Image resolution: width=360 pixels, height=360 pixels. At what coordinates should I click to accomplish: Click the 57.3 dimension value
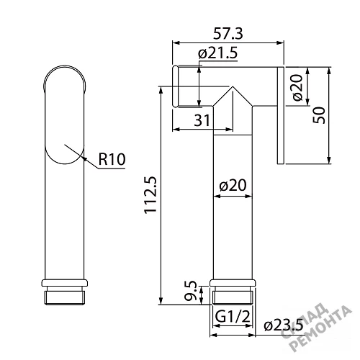(228, 34)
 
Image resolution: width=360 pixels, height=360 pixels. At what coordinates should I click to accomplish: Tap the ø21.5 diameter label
(217, 53)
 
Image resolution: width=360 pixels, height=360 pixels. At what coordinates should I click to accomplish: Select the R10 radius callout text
(112, 159)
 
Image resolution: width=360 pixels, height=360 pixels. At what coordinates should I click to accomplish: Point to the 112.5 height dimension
(150, 194)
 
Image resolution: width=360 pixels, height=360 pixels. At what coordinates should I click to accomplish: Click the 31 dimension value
(202, 120)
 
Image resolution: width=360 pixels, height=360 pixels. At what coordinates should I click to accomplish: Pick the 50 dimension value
(319, 115)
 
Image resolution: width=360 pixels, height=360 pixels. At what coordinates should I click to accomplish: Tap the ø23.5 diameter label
(284, 325)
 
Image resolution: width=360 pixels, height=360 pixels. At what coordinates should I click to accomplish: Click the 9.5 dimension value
(191, 292)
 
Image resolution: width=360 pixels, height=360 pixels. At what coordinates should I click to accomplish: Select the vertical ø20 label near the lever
(297, 87)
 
